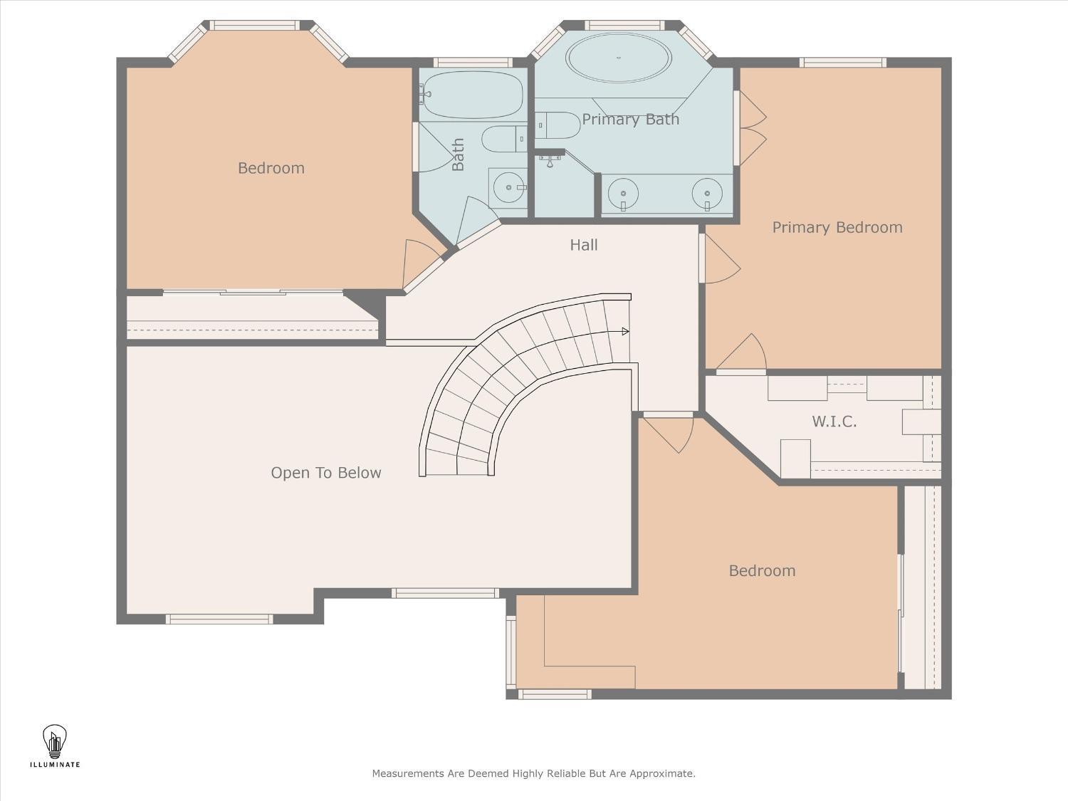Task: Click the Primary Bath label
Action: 631,119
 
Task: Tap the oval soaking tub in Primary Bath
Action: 619,58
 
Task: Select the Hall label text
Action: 583,245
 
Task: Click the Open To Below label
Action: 326,473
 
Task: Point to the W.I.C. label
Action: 834,422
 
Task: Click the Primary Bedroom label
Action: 837,228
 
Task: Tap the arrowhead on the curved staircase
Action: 625,332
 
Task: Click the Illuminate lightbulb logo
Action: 55,741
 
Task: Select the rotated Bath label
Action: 458,155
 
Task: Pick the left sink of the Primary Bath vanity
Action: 623,193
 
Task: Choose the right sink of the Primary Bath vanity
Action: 708,193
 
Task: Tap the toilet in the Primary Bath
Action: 557,125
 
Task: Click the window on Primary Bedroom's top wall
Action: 843,62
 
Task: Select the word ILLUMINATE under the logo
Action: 55,765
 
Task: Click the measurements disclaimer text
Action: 534,773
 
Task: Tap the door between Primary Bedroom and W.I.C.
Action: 741,354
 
